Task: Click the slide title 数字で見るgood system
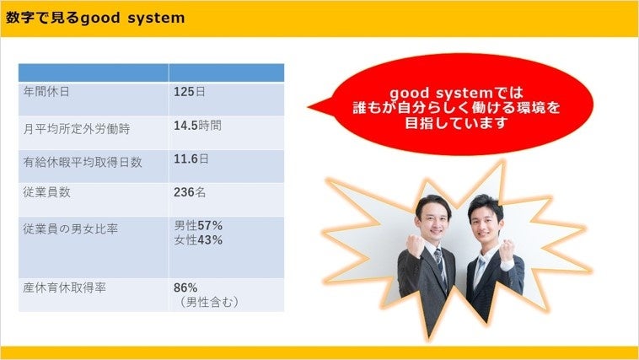click(x=95, y=18)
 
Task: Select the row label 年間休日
click(x=46, y=92)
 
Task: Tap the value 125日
click(x=190, y=92)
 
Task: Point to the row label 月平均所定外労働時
click(x=77, y=129)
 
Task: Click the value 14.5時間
click(x=197, y=126)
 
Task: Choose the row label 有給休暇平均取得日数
click(x=83, y=162)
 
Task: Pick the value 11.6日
click(x=191, y=159)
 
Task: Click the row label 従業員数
click(x=47, y=192)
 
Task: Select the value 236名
click(x=190, y=192)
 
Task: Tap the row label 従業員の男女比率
click(x=71, y=229)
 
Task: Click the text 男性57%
click(x=198, y=225)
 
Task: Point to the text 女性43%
click(x=198, y=240)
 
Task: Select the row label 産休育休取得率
click(x=65, y=287)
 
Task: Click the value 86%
click(x=185, y=287)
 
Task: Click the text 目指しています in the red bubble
click(x=455, y=123)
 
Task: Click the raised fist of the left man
click(x=416, y=245)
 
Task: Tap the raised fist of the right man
click(x=507, y=250)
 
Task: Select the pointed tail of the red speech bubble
click(x=312, y=108)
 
